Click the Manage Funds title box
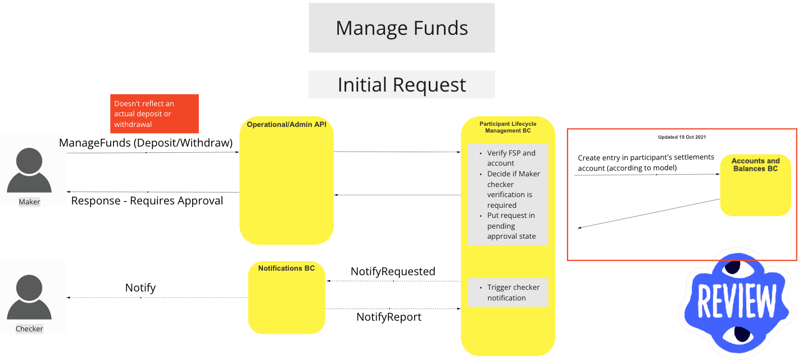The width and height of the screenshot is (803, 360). click(401, 28)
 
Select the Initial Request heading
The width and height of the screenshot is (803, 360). click(401, 85)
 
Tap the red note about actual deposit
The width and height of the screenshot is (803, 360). click(154, 113)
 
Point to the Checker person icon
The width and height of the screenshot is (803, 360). click(29, 297)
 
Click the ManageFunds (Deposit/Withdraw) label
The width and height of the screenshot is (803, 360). click(146, 143)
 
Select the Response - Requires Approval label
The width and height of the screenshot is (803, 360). click(147, 200)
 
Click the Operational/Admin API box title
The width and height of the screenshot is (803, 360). click(287, 124)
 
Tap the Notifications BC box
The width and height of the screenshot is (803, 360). click(287, 298)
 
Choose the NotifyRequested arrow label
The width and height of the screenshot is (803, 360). click(393, 271)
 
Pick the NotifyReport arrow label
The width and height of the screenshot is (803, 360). click(389, 317)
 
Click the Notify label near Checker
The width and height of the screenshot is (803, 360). click(140, 288)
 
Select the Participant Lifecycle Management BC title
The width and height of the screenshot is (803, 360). click(508, 127)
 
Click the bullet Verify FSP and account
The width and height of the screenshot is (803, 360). click(510, 158)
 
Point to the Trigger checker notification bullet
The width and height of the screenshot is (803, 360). click(512, 292)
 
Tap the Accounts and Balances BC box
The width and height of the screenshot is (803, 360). click(755, 185)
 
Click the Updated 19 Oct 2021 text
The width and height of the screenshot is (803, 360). click(682, 137)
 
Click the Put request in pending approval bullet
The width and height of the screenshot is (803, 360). click(510, 226)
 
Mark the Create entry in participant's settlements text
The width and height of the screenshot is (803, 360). click(646, 162)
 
